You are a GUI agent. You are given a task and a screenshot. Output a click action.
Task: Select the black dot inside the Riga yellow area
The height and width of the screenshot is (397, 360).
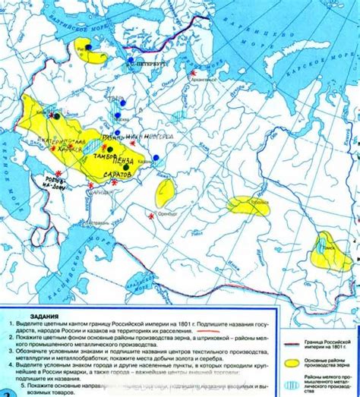89,47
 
